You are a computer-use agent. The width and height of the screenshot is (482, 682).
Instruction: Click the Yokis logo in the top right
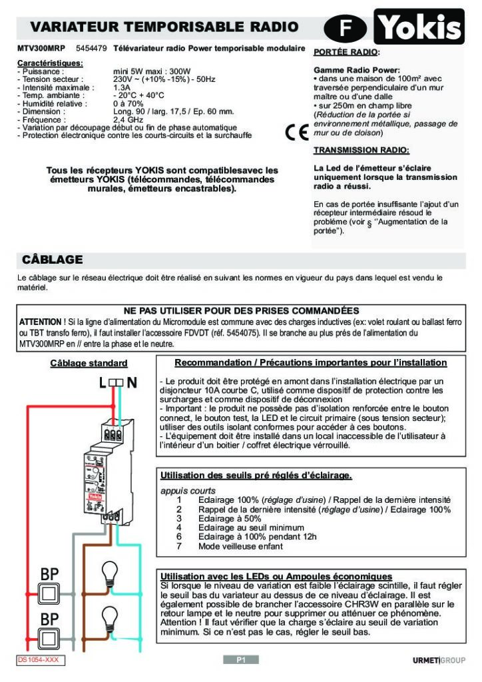420,27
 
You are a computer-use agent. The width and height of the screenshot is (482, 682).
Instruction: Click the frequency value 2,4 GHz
128,120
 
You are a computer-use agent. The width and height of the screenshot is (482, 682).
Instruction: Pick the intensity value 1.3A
122,87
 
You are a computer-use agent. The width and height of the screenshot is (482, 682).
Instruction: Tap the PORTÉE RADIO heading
346,52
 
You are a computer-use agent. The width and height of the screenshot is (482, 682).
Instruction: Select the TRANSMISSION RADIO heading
361,150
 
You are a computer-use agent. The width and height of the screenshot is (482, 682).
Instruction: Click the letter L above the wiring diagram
102,383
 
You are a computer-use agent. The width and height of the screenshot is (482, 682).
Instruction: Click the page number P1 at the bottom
241,660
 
